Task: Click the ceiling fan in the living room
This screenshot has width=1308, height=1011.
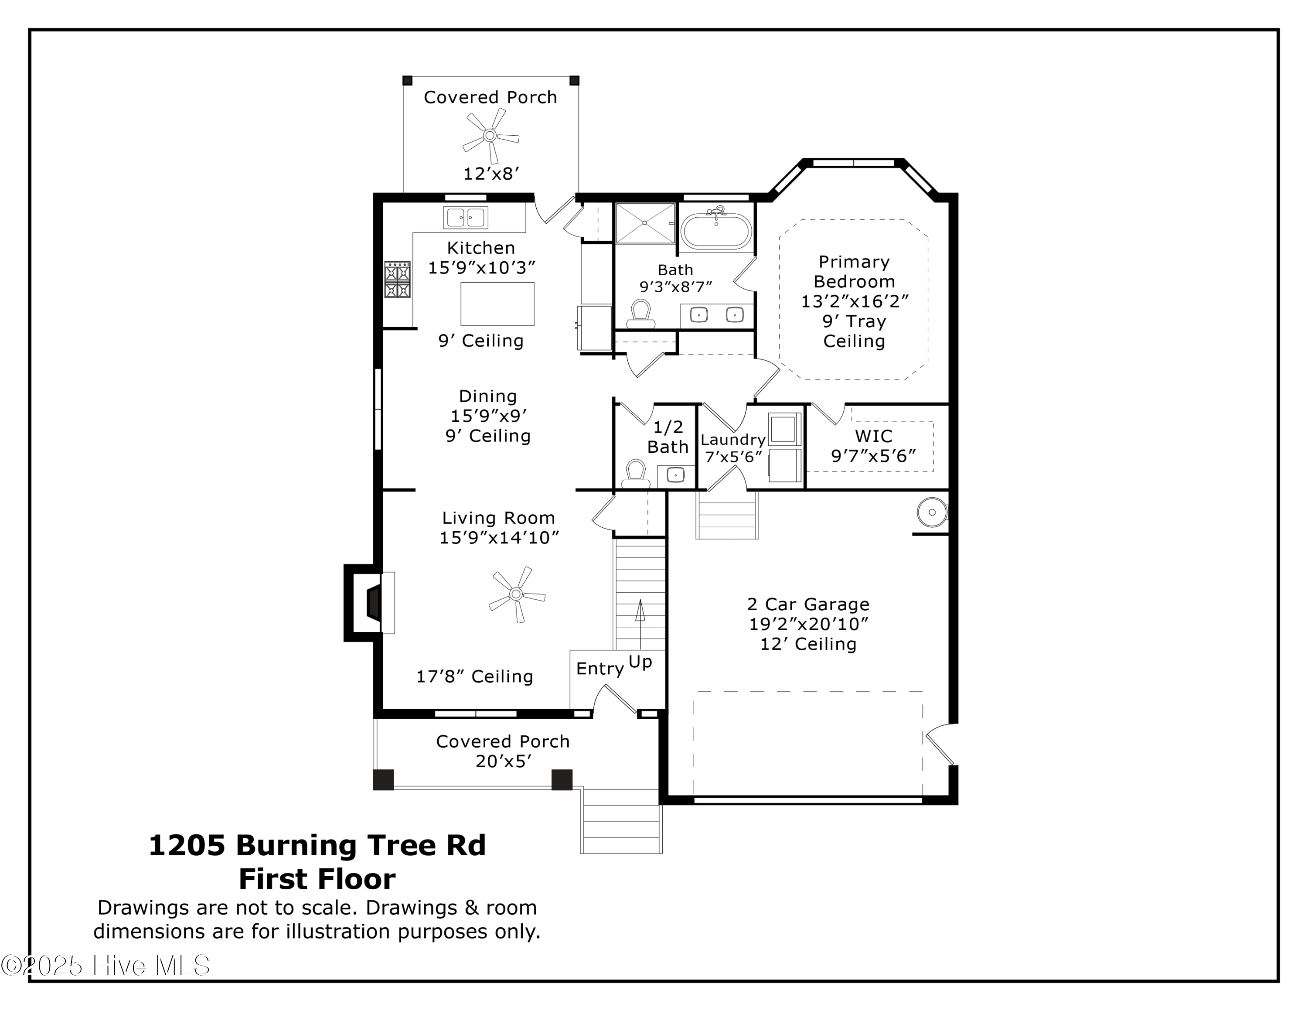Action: click(x=516, y=594)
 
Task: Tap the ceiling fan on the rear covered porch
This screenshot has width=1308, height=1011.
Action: click(x=490, y=135)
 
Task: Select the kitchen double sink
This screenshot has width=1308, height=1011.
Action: click(x=465, y=217)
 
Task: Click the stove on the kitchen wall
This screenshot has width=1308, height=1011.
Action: click(x=397, y=279)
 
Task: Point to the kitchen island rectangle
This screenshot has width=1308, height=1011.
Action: click(x=497, y=304)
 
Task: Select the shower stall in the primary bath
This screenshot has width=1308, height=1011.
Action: click(x=644, y=223)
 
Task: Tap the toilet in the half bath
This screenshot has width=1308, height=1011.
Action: click(x=635, y=474)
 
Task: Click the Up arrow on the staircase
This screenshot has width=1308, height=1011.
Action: click(x=640, y=623)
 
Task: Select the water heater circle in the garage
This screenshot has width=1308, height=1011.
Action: click(x=931, y=512)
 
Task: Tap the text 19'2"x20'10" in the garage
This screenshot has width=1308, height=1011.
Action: click(x=808, y=624)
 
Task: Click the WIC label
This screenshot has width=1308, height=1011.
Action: click(x=873, y=436)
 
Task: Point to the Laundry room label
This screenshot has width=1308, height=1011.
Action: click(x=733, y=440)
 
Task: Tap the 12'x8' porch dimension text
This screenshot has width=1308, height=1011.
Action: click(x=490, y=174)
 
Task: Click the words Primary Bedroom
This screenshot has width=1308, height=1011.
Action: click(x=854, y=271)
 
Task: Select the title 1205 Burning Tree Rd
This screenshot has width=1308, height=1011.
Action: click(x=317, y=845)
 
